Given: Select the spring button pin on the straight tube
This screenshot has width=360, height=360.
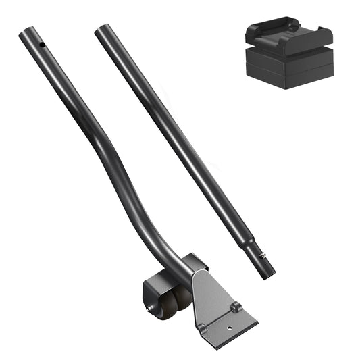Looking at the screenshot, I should click(263, 255).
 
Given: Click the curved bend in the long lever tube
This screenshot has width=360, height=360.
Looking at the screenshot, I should click(115, 169).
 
